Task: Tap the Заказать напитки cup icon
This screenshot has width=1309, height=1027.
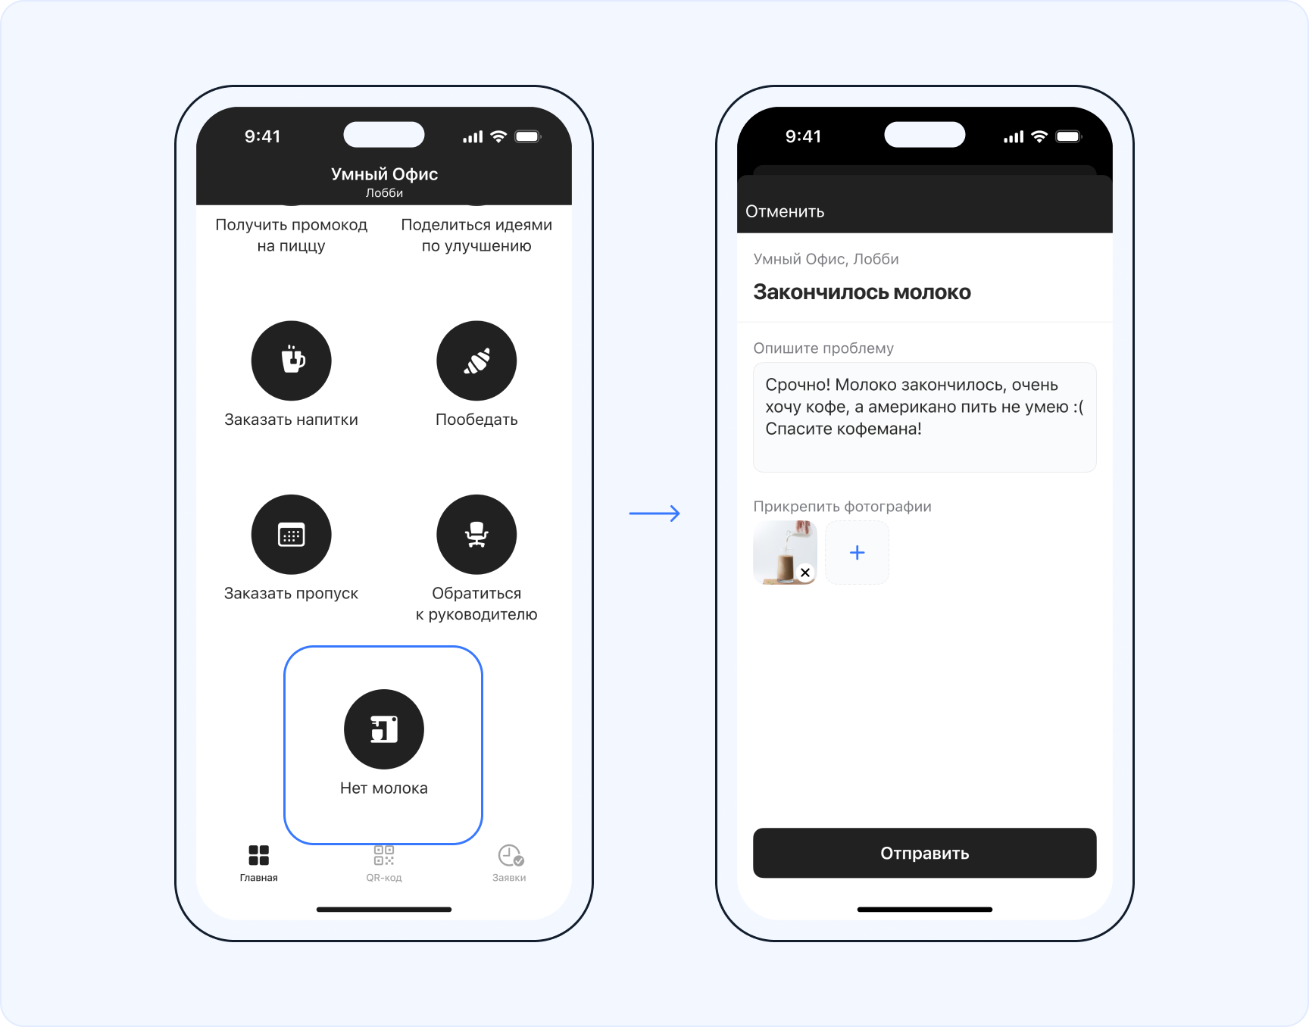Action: point(292,361)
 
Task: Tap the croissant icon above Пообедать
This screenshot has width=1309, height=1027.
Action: point(476,361)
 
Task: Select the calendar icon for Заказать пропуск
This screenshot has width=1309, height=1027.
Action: point(292,535)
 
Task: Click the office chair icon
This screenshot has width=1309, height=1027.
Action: point(476,535)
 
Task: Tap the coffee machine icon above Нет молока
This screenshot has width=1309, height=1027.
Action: point(384,729)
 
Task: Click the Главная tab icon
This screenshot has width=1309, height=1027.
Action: point(259,855)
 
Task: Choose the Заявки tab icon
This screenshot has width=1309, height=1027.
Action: point(511,856)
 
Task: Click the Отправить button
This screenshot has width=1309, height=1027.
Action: point(924,853)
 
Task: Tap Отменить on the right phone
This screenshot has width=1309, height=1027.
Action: point(785,211)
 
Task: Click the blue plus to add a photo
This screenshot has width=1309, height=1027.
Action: point(857,553)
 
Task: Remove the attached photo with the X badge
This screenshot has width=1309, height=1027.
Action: point(805,573)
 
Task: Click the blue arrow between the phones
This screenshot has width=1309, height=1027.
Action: point(654,513)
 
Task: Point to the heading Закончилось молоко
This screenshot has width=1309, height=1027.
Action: point(862,292)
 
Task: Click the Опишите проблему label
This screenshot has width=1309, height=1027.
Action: point(823,348)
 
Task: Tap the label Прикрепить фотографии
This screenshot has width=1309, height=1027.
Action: point(842,507)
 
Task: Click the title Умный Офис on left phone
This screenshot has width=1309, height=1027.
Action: point(384,174)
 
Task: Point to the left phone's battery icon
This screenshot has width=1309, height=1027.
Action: point(528,136)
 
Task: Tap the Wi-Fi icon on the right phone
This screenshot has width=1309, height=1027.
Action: point(1039,136)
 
